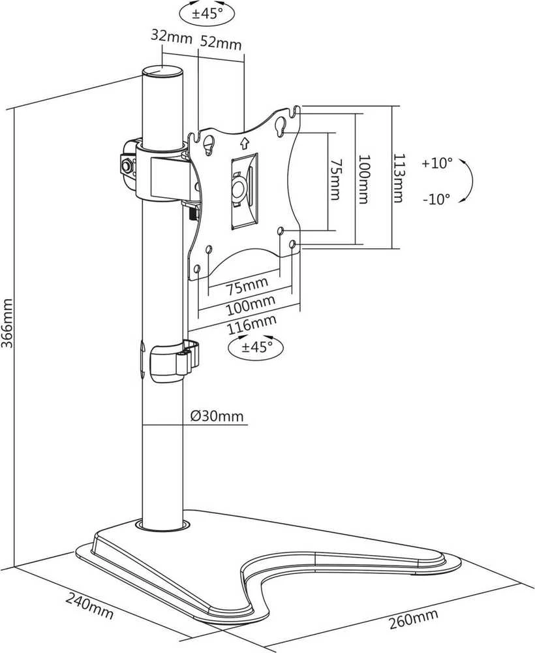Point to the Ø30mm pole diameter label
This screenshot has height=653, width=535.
[x=217, y=416]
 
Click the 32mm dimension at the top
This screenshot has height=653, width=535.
[x=171, y=36]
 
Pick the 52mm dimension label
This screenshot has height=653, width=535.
[x=221, y=42]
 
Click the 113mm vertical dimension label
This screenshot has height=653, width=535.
[x=399, y=178]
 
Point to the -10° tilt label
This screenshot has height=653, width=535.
[x=437, y=199]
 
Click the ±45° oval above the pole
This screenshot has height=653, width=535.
[x=207, y=14]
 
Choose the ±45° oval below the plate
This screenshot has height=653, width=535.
[x=256, y=346]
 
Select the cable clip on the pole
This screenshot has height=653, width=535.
[x=172, y=360]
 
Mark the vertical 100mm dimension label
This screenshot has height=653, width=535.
[x=363, y=179]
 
